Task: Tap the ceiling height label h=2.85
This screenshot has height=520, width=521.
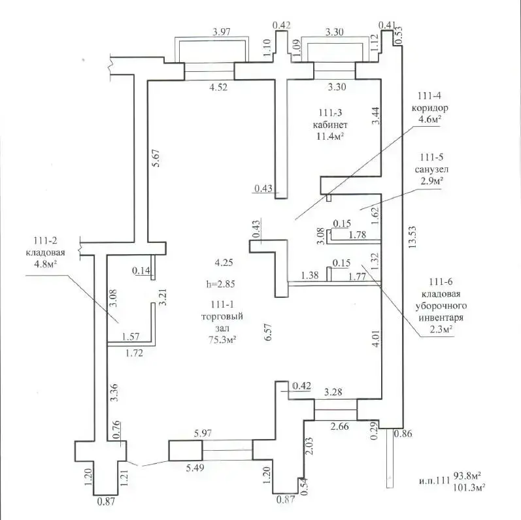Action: pos(220,284)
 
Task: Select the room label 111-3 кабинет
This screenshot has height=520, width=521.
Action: pos(329,118)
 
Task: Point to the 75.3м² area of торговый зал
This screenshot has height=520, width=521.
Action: pos(222,338)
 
